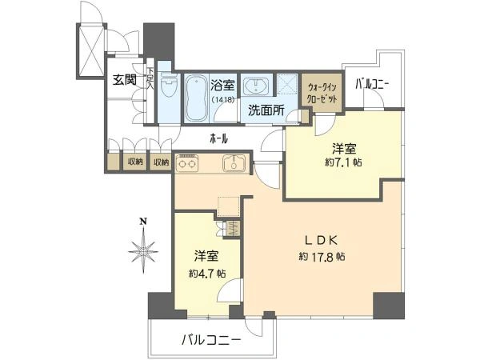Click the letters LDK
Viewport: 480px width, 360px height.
point(323,239)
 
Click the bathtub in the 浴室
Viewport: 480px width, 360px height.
point(196,98)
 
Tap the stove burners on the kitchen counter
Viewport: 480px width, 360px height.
point(188,165)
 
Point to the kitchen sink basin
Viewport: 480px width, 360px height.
point(234,163)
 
